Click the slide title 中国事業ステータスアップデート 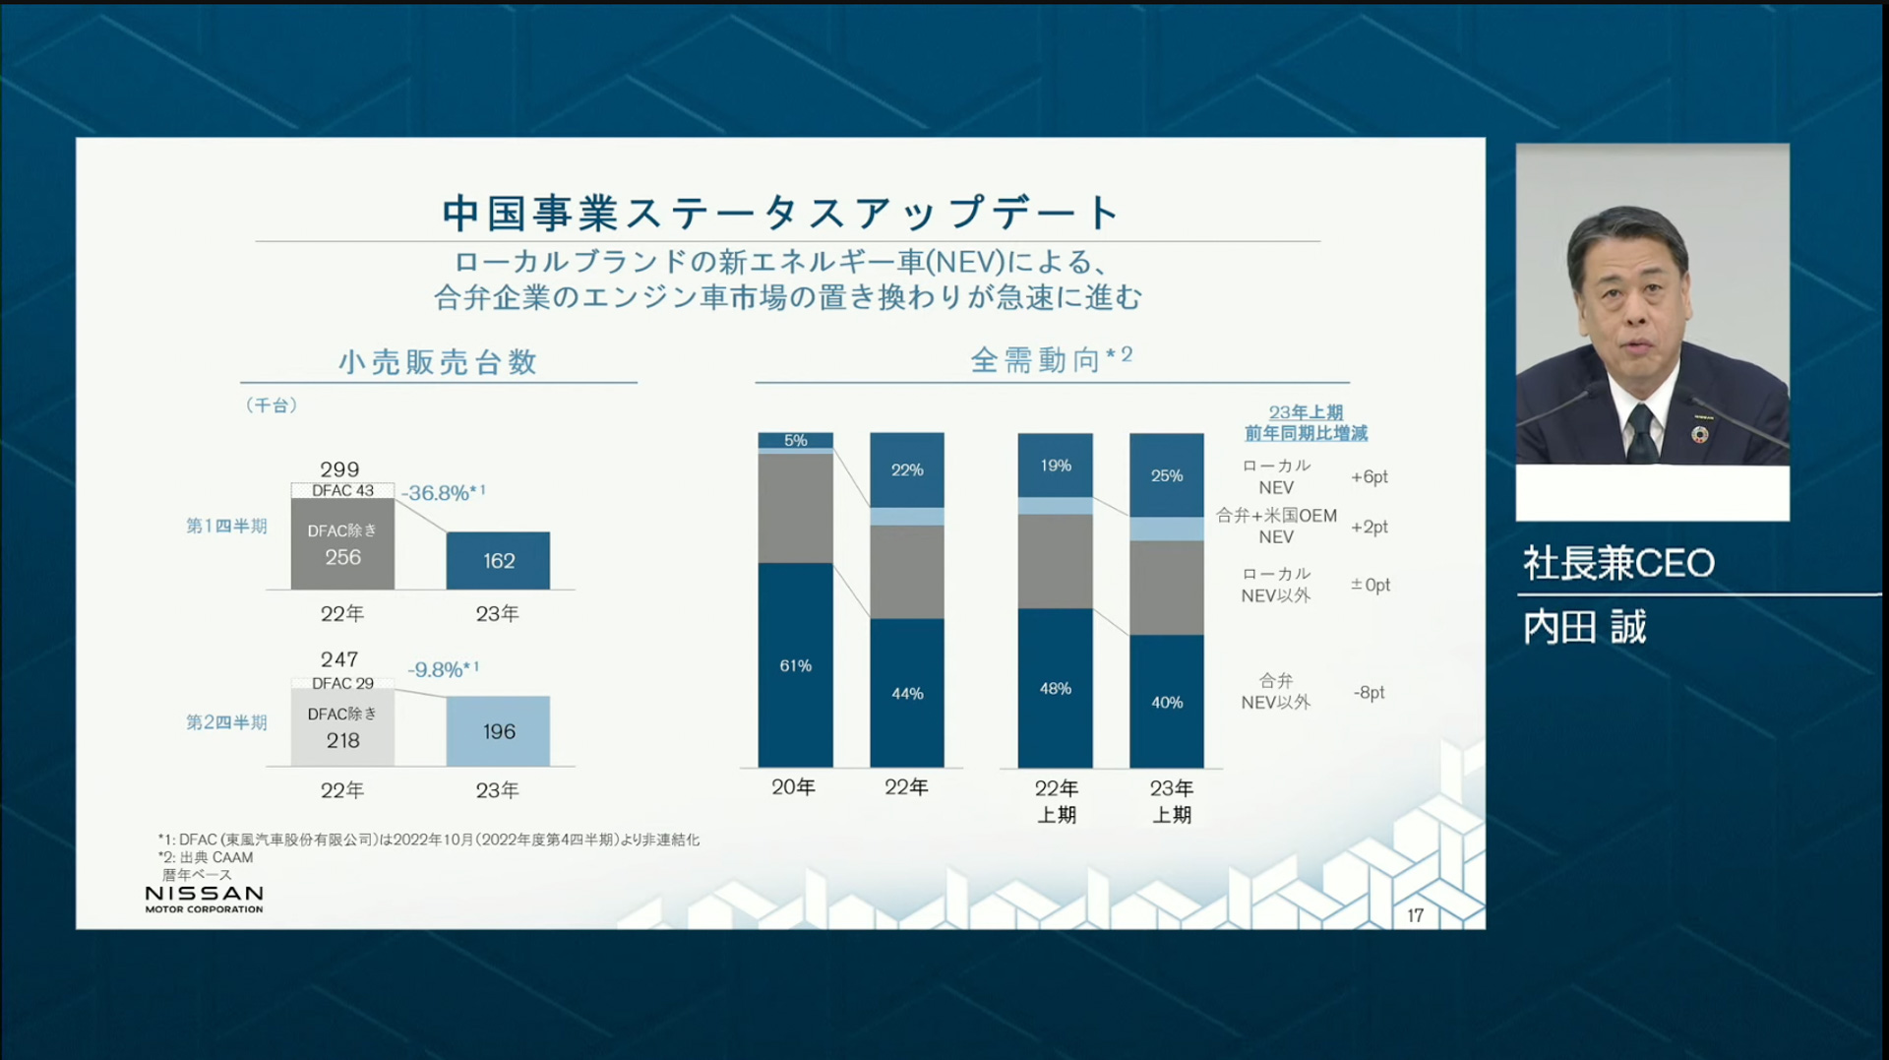pos(781,213)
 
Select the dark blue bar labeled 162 pos(498,560)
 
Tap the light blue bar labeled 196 pos(498,731)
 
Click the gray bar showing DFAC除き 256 pos(342,544)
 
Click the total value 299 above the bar pos(339,469)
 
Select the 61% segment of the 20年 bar pos(795,665)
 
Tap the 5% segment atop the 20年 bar pos(795,440)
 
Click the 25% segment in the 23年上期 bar pos(1167,475)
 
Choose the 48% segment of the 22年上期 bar pos(1055,688)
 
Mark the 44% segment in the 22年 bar pos(906,693)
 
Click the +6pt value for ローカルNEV pos(1369,477)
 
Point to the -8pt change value pos(1369,692)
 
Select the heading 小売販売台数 pos(438,362)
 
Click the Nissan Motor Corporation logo pos(204,898)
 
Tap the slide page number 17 pos(1415,915)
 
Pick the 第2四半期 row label pos(226,722)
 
